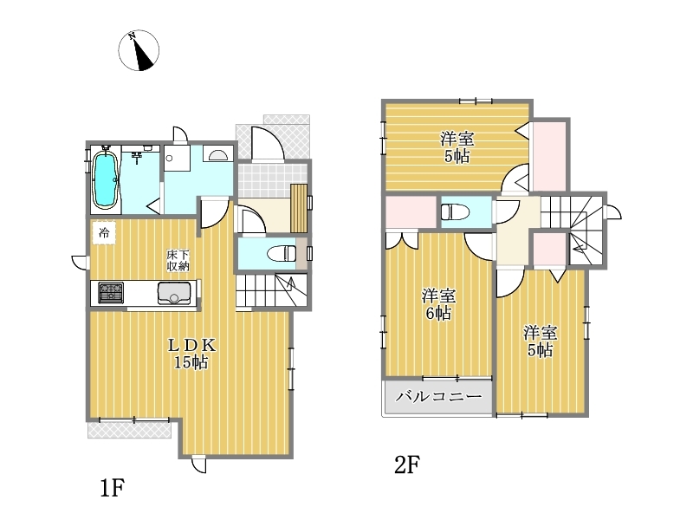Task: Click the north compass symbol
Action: pyautogui.click(x=139, y=50)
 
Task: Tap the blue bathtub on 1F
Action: pyautogui.click(x=105, y=179)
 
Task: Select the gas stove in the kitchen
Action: pyautogui.click(x=111, y=292)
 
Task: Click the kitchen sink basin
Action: pyautogui.click(x=174, y=293)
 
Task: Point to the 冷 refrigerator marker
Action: pyautogui.click(x=104, y=232)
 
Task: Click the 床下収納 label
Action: pyautogui.click(x=178, y=261)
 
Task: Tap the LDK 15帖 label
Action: pyautogui.click(x=191, y=354)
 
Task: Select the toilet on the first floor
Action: pyautogui.click(x=282, y=253)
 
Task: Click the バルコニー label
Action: pyautogui.click(x=438, y=396)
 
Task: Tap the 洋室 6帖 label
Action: pyautogui.click(x=438, y=304)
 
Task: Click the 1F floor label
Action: pyautogui.click(x=113, y=488)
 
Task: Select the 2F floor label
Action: pyautogui.click(x=406, y=465)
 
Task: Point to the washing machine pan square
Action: pyautogui.click(x=177, y=158)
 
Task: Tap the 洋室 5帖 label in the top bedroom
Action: pyautogui.click(x=457, y=147)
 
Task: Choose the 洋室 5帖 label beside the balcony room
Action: pyautogui.click(x=540, y=341)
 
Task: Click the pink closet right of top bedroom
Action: pyautogui.click(x=549, y=157)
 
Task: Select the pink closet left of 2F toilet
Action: pyautogui.click(x=411, y=212)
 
